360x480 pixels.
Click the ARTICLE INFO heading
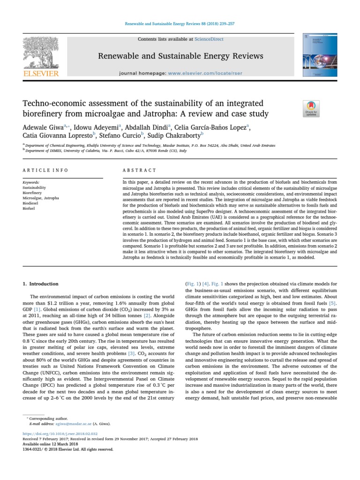[x=45, y=170]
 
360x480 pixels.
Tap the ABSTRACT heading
[x=139, y=170]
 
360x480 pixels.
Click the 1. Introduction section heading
[x=41, y=284]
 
